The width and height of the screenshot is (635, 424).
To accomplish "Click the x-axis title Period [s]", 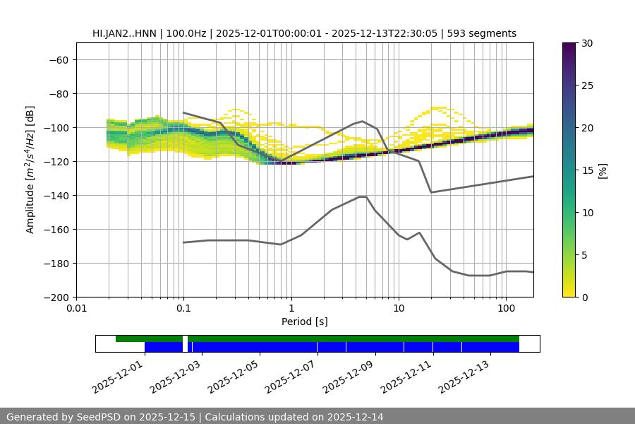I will [x=305, y=322].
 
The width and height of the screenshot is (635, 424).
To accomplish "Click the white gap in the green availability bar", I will [x=185, y=339].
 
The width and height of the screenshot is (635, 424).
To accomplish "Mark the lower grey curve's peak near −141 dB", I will [x=363, y=196].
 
